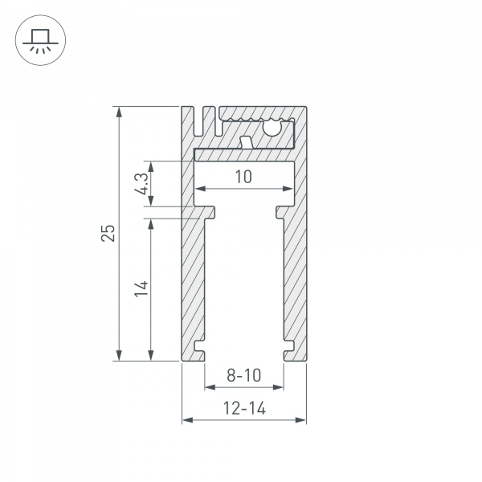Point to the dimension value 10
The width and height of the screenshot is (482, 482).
coord(243,177)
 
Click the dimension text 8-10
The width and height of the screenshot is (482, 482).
coord(243,374)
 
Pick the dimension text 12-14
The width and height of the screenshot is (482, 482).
coord(243,408)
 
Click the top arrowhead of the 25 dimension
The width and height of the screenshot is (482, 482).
coord(120,111)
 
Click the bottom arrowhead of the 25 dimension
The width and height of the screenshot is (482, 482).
coord(120,356)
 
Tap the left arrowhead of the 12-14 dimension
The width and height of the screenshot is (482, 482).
coord(186,419)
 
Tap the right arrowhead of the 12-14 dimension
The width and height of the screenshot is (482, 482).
coord(302,419)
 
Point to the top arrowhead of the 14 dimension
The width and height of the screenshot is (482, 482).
coord(151,221)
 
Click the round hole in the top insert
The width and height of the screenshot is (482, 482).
coord(273,127)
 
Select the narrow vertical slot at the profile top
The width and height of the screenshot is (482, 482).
coord(207,120)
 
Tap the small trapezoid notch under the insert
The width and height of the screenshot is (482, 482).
coord(247,142)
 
